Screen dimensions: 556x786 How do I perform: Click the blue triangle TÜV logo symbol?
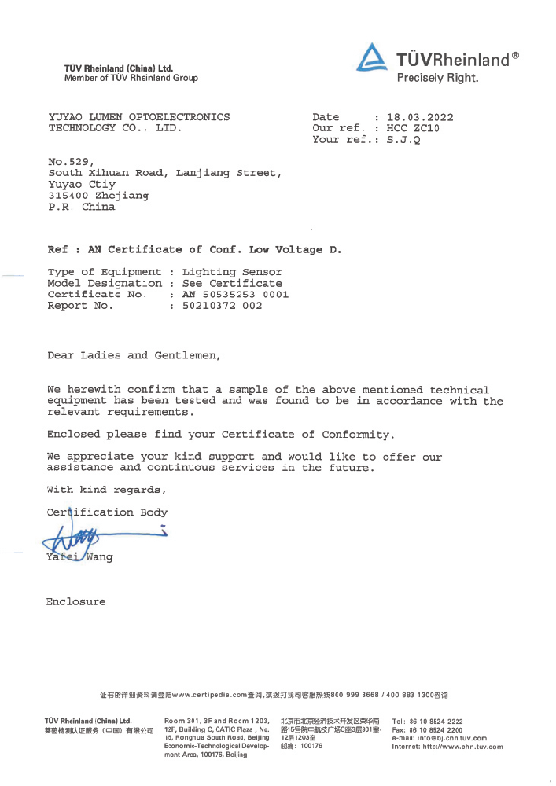point(371,57)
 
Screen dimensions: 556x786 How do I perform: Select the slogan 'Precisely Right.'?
point(438,78)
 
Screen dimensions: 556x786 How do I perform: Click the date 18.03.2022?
point(420,117)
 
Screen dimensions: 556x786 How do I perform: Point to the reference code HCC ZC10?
point(413,128)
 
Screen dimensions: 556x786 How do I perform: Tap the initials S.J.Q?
point(403,140)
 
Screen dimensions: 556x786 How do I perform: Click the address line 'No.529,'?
point(72,162)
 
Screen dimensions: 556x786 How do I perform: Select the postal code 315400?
point(68,196)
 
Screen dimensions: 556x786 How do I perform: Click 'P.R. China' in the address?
point(82,207)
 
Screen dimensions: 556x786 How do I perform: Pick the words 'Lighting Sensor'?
point(232,272)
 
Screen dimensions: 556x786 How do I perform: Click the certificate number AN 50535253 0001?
point(236,294)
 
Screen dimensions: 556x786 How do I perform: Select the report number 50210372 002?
point(222,305)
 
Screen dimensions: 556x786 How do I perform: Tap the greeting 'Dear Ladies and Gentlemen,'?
point(134,356)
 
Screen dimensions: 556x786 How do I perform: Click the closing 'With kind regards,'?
point(106,490)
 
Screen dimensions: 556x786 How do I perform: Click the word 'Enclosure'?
point(75,601)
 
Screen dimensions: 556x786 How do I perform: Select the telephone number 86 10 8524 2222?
point(436,722)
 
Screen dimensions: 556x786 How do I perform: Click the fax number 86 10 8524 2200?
point(436,730)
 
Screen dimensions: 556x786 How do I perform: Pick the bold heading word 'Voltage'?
point(299,250)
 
